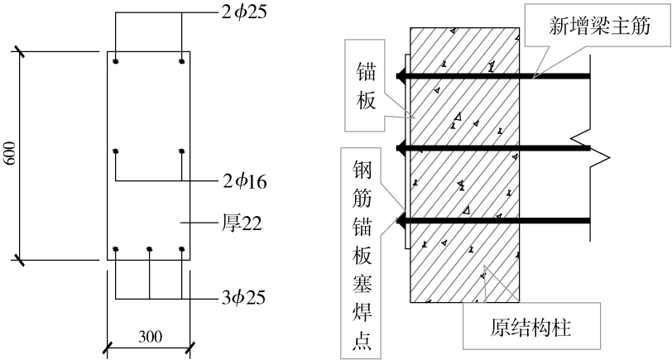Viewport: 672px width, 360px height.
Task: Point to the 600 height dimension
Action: (11, 156)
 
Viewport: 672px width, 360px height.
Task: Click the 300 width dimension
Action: (150, 336)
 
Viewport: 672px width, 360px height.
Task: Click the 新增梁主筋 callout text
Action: (599, 26)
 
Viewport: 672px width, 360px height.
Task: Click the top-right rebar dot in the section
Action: (180, 62)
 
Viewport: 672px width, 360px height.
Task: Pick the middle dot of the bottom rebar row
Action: (149, 248)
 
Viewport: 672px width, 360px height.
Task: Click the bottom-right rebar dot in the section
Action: (180, 248)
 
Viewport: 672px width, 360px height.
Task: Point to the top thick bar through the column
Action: (497, 77)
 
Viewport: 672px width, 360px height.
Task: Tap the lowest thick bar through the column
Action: (497, 221)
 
